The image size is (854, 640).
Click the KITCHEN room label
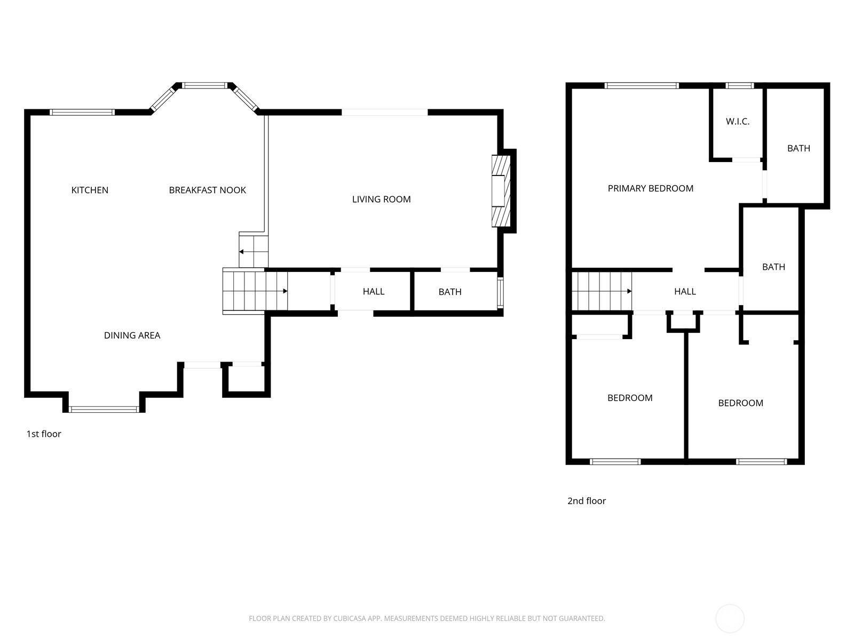click(90, 190)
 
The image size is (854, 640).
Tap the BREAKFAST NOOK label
click(208, 190)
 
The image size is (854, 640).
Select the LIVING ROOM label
click(381, 199)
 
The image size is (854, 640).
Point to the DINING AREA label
click(132, 335)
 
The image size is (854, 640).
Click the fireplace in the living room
click(501, 191)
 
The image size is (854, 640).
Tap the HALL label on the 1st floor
click(374, 291)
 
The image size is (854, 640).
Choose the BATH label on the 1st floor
click(450, 292)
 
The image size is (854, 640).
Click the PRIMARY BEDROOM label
click(651, 188)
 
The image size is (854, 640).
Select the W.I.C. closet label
click(737, 122)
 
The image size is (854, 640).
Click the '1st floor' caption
click(44, 434)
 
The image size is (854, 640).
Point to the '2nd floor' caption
click(586, 501)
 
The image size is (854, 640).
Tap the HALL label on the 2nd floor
click(685, 291)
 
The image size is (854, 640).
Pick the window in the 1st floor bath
click(501, 293)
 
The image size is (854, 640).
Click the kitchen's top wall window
click(82, 113)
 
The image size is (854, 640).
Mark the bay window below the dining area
click(104, 409)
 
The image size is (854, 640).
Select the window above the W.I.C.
click(740, 86)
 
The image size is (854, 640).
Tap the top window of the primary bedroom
click(642, 86)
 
